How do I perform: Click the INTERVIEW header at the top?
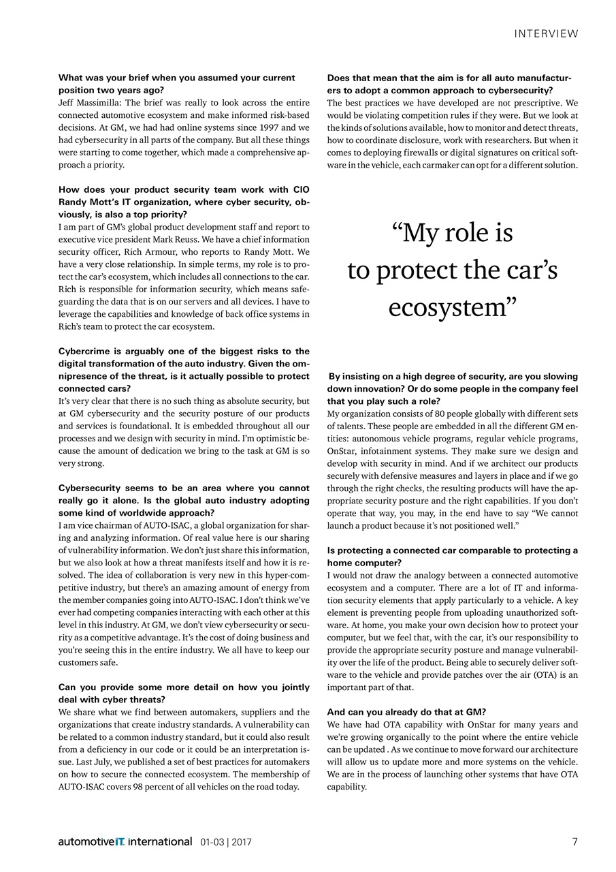click(546, 33)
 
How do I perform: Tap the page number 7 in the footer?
click(574, 841)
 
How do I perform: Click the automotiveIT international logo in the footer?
click(125, 841)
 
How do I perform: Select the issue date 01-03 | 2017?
click(226, 842)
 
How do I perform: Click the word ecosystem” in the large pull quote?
click(452, 307)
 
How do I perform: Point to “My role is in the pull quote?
click(452, 233)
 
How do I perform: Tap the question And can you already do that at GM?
click(406, 712)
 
